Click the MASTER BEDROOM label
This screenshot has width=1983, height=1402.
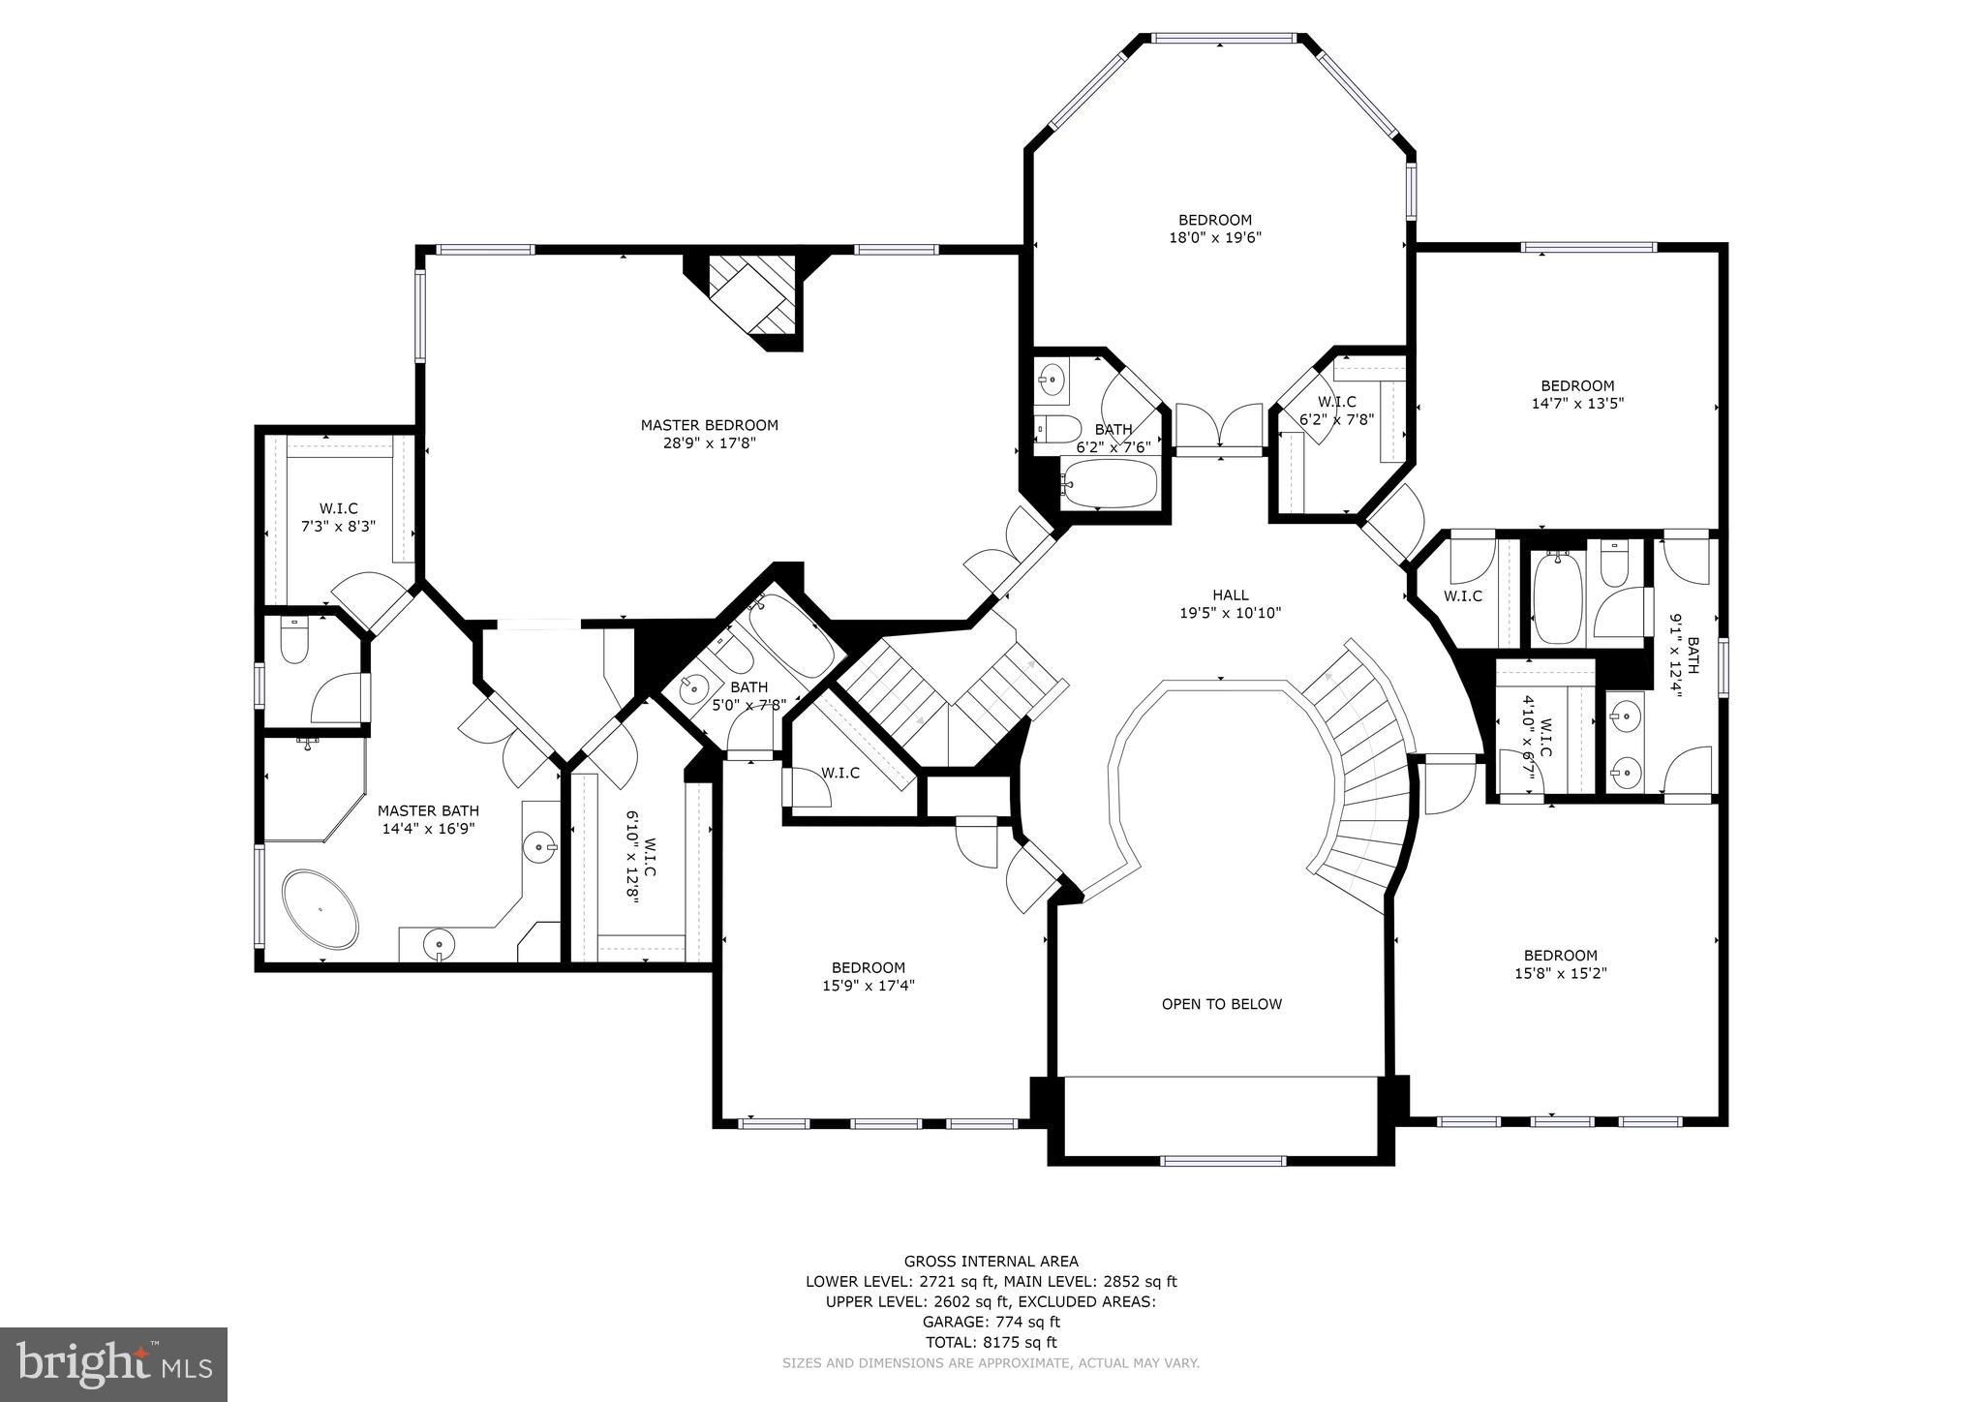(709, 425)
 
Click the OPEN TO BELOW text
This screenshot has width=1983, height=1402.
(1221, 1004)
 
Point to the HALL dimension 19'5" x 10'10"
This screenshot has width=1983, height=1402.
(1230, 613)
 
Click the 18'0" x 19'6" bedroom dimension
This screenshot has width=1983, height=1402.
(1214, 237)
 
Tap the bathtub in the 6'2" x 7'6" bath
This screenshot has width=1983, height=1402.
(1110, 483)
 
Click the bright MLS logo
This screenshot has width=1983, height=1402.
(114, 1365)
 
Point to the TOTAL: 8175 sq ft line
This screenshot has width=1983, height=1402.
(991, 1342)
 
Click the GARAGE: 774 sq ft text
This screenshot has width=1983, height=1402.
(991, 1321)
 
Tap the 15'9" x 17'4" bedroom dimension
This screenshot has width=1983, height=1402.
(868, 986)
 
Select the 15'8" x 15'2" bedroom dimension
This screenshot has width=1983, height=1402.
(1560, 973)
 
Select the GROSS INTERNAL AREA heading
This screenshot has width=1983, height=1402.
(991, 1261)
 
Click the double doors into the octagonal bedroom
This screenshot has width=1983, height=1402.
(1219, 428)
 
